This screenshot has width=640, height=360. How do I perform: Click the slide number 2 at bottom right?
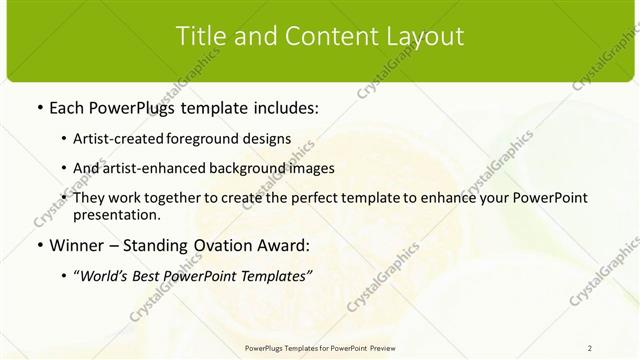click(590, 348)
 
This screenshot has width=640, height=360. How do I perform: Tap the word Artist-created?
click(114, 139)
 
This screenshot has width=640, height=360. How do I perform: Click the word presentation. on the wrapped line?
click(117, 214)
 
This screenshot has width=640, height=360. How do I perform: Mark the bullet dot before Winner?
click(38, 244)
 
